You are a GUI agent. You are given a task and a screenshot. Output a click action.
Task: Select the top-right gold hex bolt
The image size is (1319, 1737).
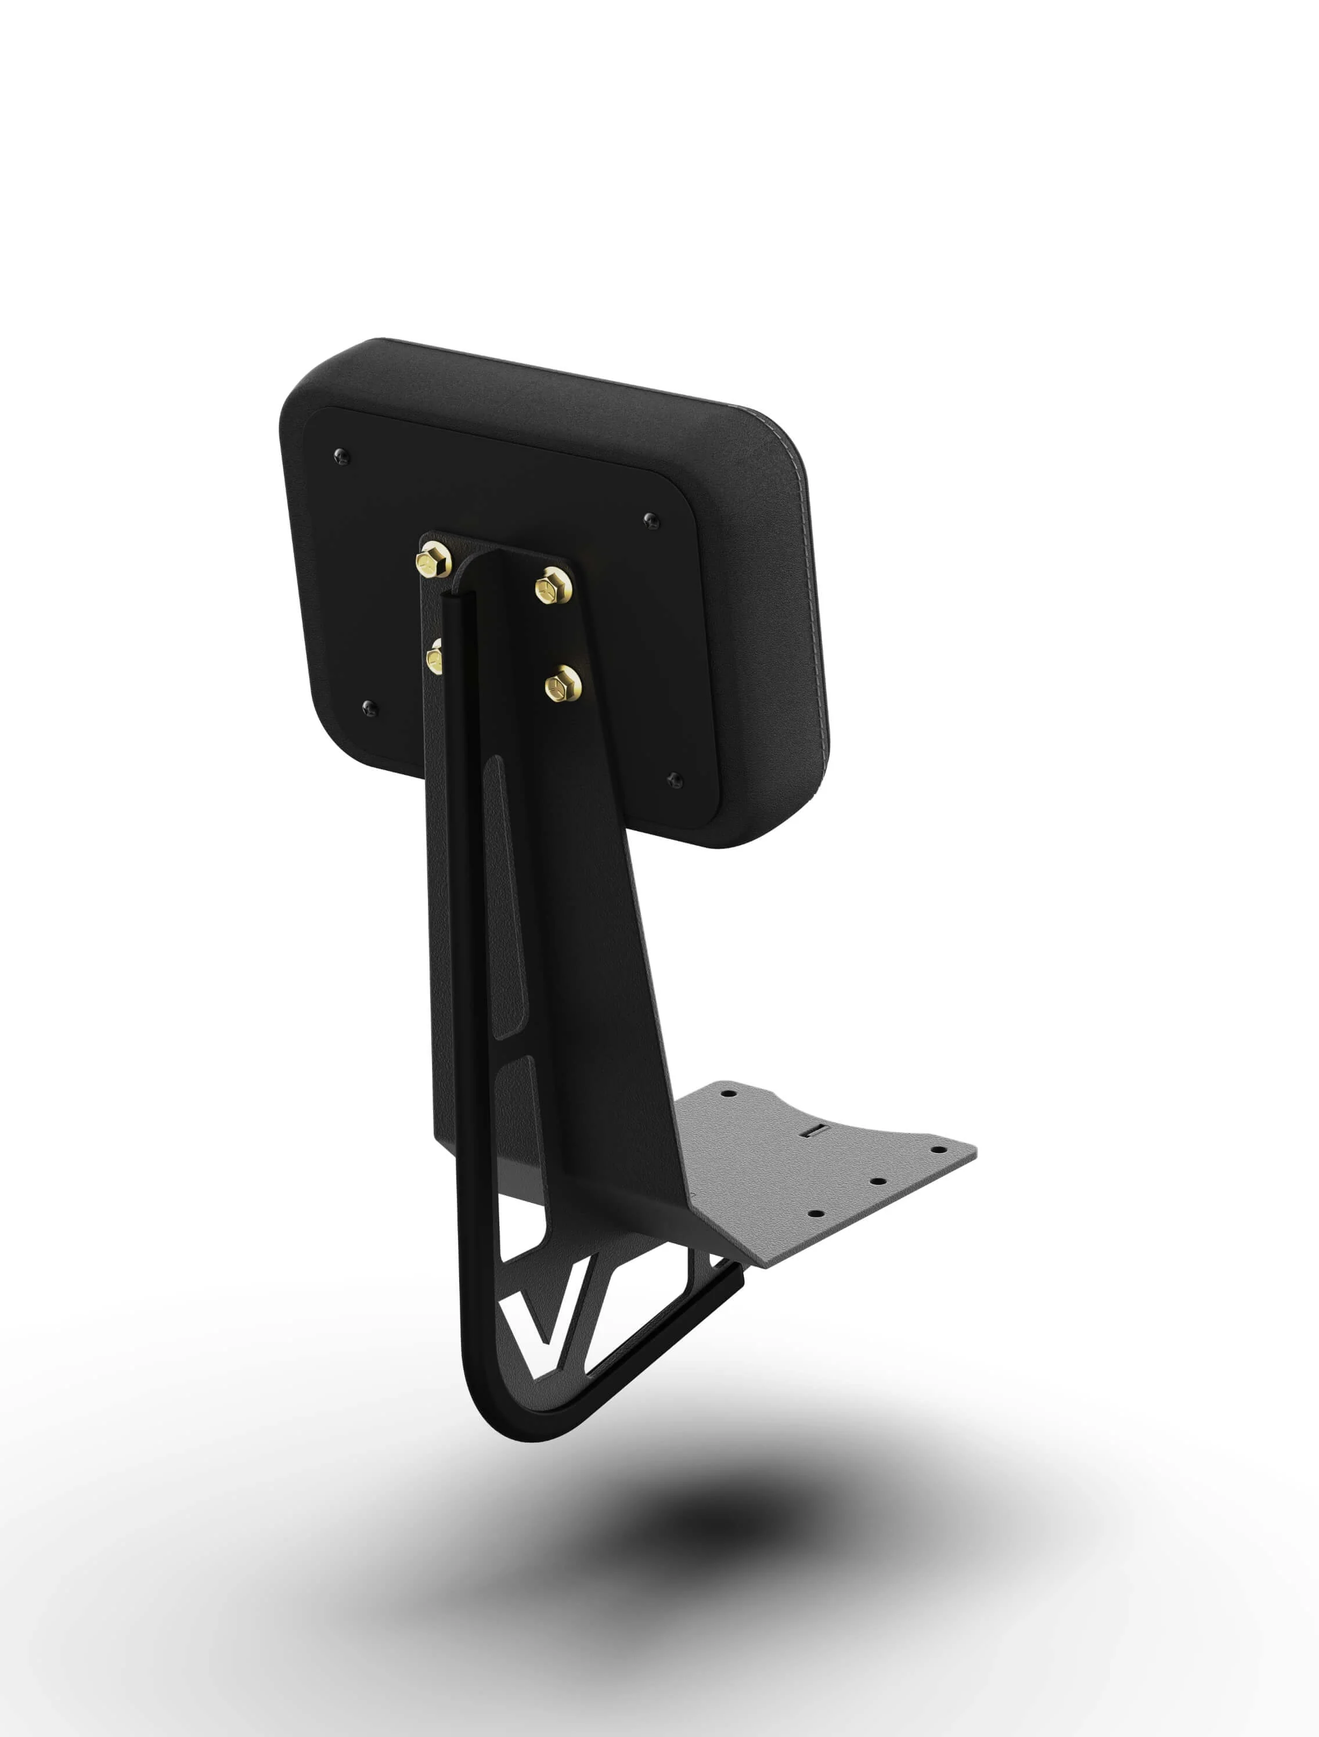pos(553,586)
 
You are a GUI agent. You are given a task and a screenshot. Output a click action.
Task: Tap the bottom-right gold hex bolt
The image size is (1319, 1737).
pos(562,683)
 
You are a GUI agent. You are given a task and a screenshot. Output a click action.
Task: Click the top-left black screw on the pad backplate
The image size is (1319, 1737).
pos(341,456)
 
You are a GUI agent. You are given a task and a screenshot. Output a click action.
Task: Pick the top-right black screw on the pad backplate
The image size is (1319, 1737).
pos(650,519)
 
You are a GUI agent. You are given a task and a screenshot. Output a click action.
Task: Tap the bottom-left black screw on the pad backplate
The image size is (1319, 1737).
pos(369,708)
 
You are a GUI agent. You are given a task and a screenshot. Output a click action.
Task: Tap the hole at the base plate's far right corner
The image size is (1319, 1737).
pos(936,1149)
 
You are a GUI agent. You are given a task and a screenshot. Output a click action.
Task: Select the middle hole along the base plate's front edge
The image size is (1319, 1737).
pos(878,1181)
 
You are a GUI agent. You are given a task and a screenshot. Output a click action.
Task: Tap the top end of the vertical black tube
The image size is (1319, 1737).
pos(456,599)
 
